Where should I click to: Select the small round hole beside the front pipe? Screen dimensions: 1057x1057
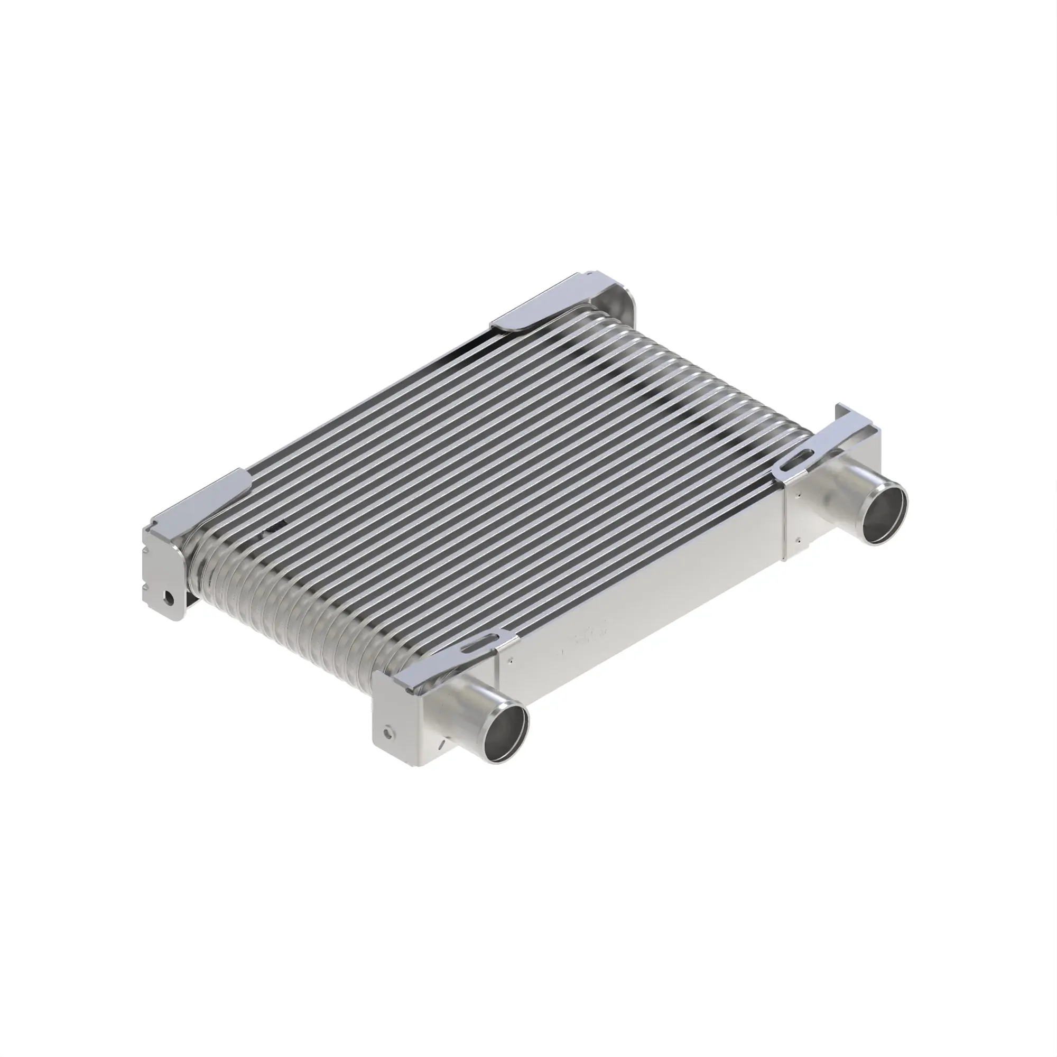(x=388, y=731)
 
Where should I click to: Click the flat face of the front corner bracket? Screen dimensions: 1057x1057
(x=397, y=722)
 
